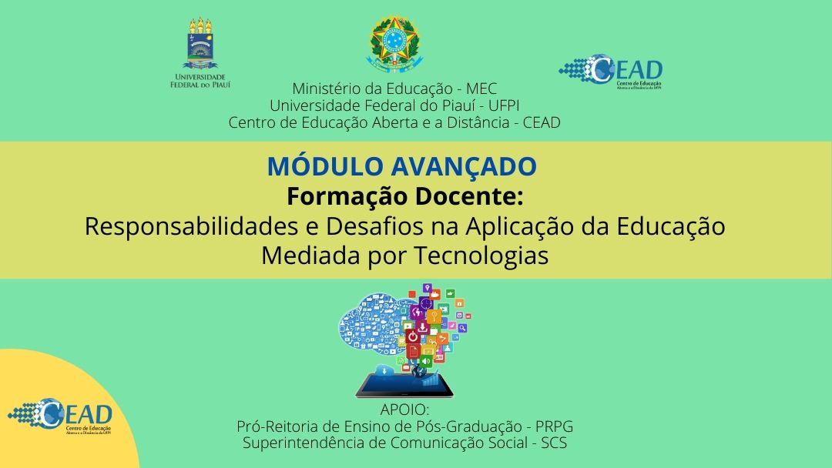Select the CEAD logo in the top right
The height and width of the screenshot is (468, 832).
pos(610,72)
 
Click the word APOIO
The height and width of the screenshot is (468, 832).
pos(404,410)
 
